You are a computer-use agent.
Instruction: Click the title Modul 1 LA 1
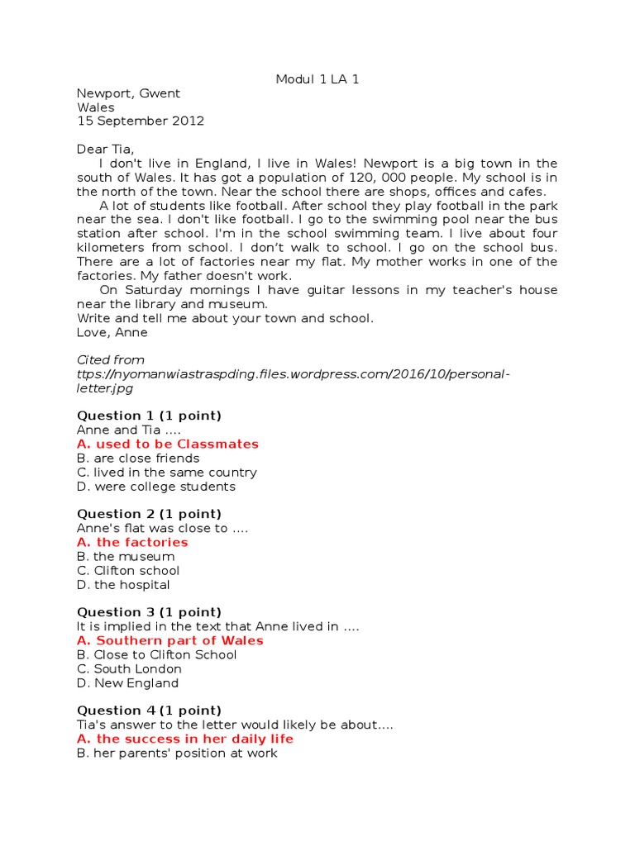coord(317,79)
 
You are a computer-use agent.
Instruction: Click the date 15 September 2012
coord(140,121)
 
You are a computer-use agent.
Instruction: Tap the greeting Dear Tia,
coord(104,149)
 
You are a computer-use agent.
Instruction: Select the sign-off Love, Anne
coord(112,332)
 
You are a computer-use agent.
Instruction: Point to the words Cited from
coord(110,360)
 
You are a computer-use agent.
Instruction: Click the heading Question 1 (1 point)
coord(149,416)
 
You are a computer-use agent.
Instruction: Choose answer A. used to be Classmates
coord(167,444)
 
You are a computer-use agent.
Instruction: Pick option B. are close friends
coord(138,458)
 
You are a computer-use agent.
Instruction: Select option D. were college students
coord(155,486)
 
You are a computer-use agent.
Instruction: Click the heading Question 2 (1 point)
coord(149,514)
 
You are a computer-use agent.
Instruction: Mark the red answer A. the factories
coord(132,542)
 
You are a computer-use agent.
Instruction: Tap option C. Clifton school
coord(128,570)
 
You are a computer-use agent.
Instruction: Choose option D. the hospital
coord(123,584)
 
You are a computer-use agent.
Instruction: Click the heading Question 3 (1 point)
coord(149,612)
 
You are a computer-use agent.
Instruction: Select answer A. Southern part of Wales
coord(169,640)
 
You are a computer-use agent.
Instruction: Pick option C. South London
coord(129,668)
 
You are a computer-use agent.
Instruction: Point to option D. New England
coord(127,682)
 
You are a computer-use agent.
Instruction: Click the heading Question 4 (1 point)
coord(149,711)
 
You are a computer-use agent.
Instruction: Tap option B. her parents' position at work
coord(177,753)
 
